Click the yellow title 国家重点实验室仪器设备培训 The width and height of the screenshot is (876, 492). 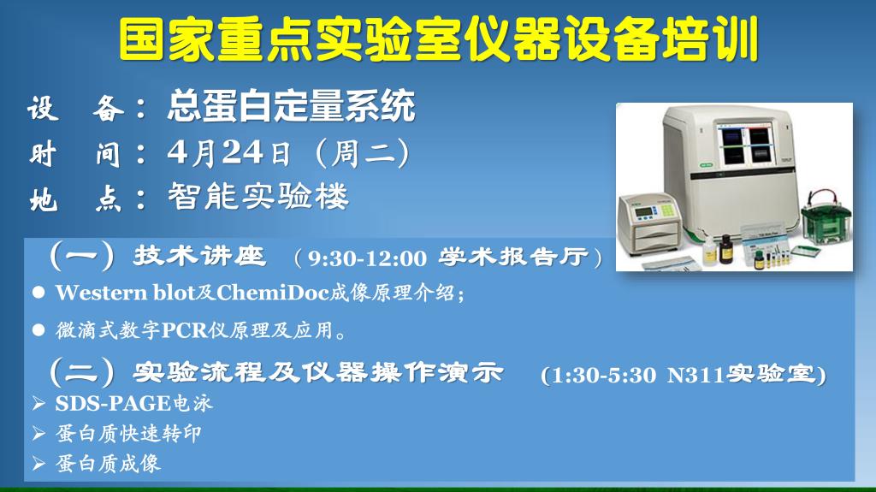point(439,39)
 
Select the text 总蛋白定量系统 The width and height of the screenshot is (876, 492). point(291,105)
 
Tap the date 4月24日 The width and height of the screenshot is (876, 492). point(229,152)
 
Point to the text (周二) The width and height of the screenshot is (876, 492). point(363,153)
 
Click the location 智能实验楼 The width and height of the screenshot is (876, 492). point(258,196)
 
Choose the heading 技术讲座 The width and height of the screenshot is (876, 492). point(198,256)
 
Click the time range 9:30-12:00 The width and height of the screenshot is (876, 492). point(367,258)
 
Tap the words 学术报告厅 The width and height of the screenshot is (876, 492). point(514,258)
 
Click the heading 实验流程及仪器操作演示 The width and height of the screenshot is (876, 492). point(318,372)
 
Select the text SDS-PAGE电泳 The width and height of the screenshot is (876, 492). point(133,403)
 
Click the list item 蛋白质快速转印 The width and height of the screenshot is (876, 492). point(128,433)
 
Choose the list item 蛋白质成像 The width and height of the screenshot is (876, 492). point(108,464)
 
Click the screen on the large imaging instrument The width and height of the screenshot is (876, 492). point(745,145)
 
